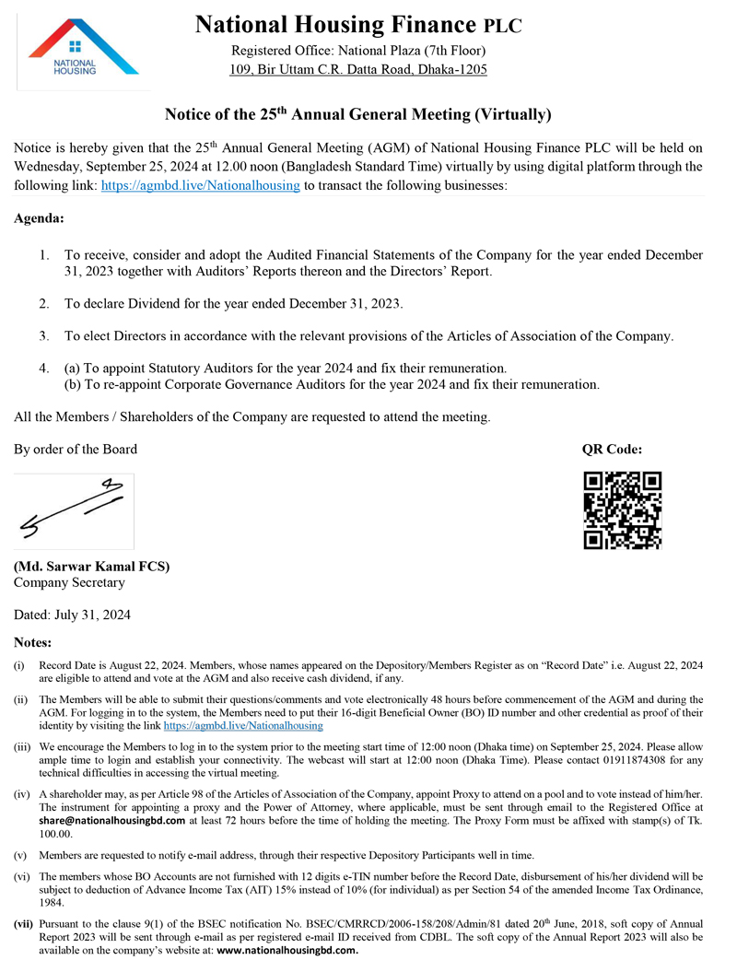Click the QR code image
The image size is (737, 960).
(x=623, y=510)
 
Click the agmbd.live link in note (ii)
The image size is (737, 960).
(x=243, y=725)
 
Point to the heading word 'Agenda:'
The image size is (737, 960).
(x=40, y=219)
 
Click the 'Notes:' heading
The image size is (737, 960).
(x=33, y=641)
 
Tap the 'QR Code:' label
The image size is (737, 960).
(x=612, y=450)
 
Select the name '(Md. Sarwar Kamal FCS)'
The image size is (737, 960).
(x=92, y=567)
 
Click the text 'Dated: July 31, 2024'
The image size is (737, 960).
(x=73, y=614)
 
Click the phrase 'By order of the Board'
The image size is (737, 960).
(x=76, y=450)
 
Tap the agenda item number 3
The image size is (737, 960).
(x=44, y=335)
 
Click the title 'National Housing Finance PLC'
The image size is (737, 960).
(x=358, y=25)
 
